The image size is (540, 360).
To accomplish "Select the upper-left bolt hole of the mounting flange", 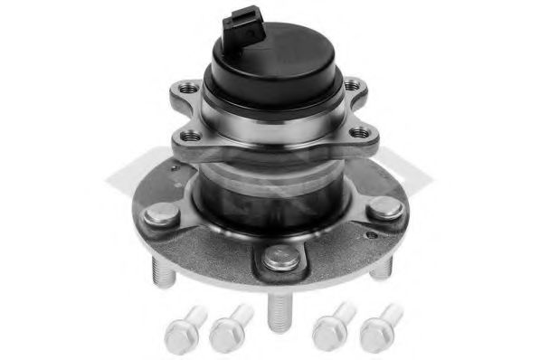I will (x=188, y=89).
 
